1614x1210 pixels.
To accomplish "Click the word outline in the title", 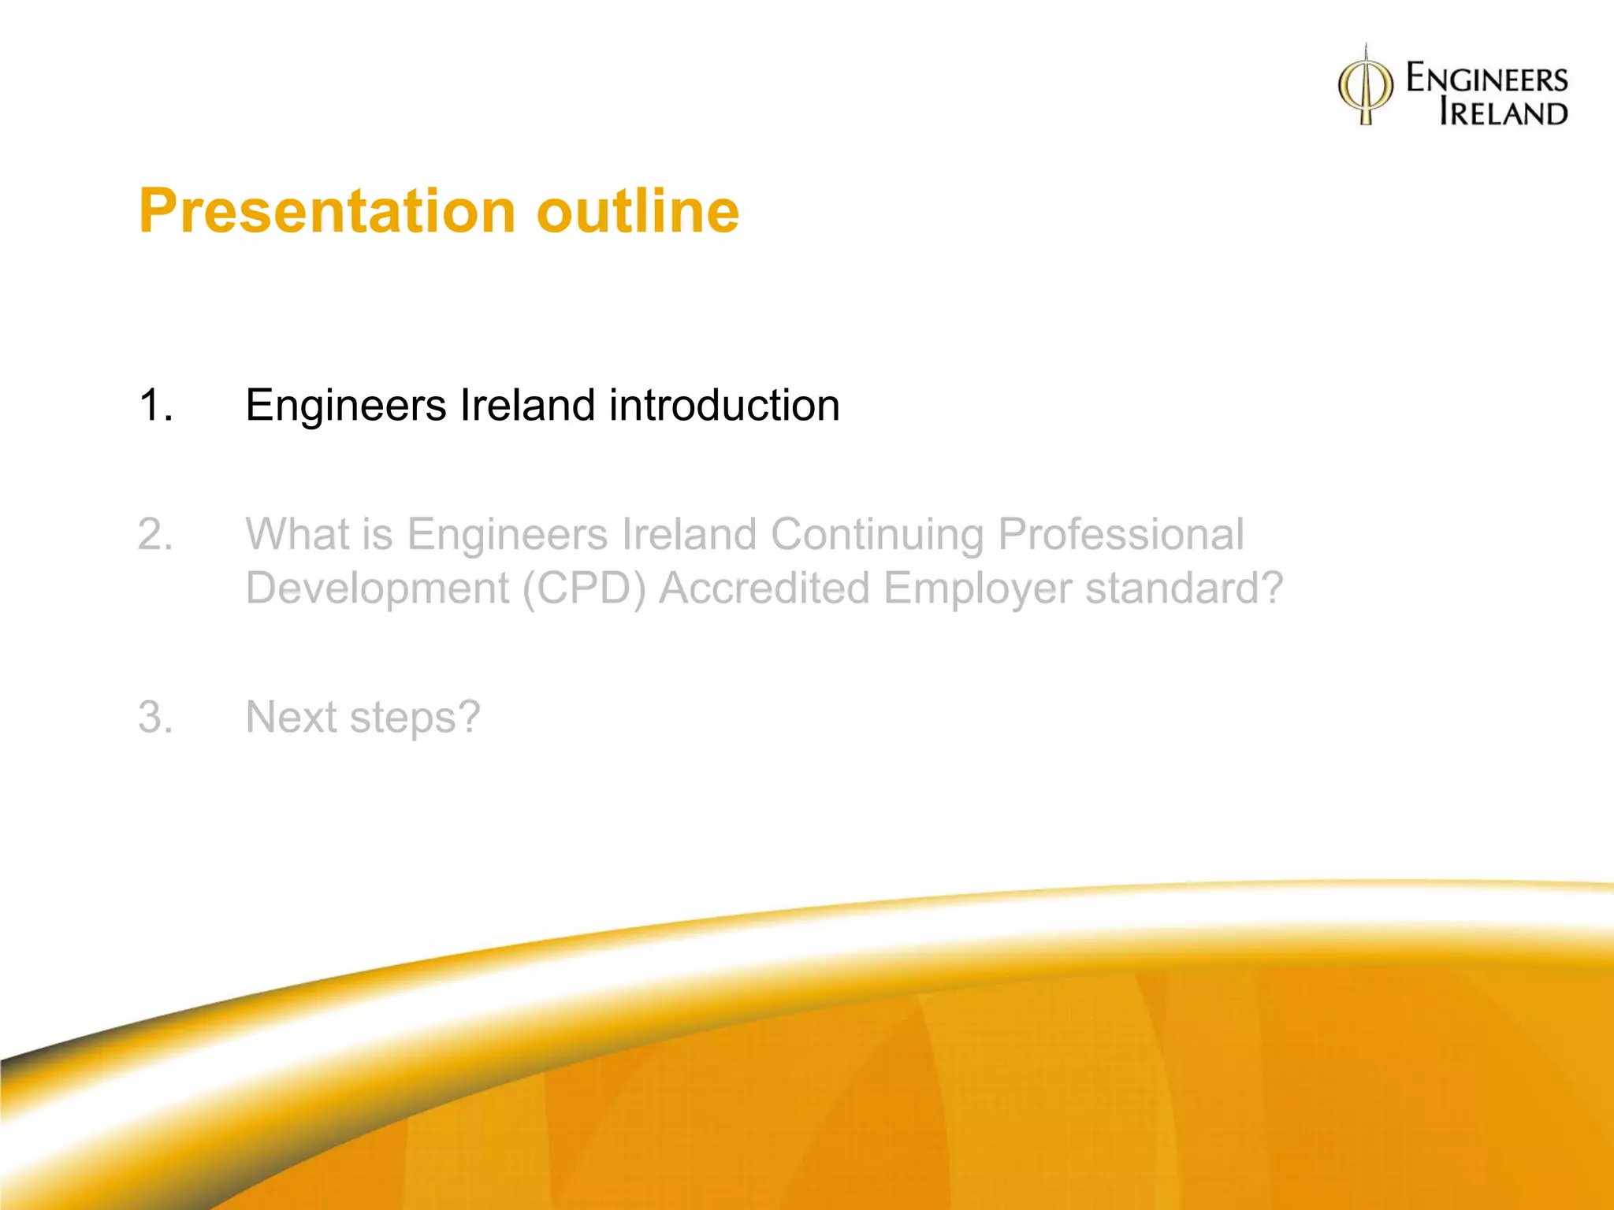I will [x=638, y=211].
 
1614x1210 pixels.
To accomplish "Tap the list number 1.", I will [x=154, y=406].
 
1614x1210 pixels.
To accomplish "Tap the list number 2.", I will [x=154, y=535].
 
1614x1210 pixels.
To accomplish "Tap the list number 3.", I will [x=154, y=718].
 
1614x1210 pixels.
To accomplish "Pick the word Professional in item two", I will [x=1121, y=535].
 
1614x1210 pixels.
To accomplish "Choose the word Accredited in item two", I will [x=764, y=588].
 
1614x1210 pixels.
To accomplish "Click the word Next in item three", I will [x=291, y=718].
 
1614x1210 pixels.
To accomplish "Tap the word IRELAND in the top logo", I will [x=1503, y=113].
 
